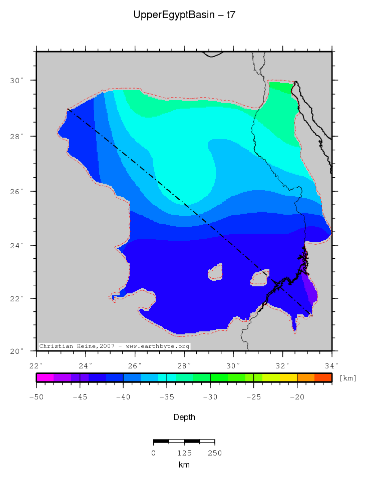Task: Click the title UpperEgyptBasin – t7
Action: coord(184,15)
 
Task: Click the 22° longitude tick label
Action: coord(37,365)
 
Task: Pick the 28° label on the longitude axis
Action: coord(185,365)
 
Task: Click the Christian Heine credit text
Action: coord(114,346)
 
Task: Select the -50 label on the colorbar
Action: coord(36,397)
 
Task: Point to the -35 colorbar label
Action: coord(167,397)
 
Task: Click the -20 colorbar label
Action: coord(297,397)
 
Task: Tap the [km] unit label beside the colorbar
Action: coord(348,378)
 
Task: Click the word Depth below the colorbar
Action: coord(184,417)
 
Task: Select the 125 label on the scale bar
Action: coord(184,453)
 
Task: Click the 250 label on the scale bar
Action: coord(214,453)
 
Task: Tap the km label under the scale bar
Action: coord(184,464)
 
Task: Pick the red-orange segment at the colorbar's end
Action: coord(323,378)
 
